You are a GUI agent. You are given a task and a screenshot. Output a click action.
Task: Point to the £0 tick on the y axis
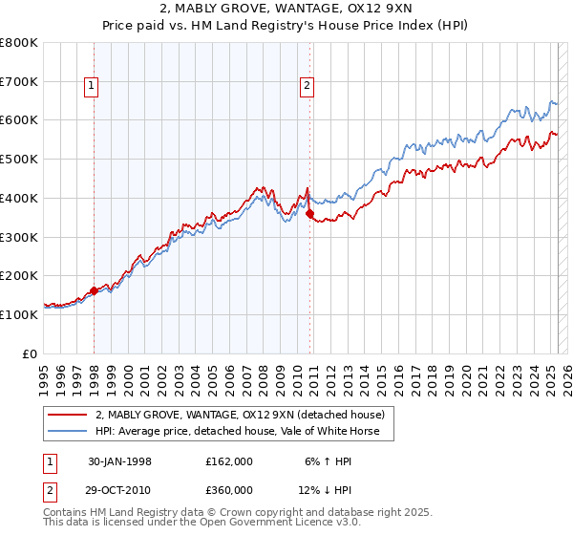32,353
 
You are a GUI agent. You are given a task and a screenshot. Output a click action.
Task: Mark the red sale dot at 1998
95,290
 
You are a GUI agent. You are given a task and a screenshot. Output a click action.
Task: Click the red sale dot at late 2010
309,214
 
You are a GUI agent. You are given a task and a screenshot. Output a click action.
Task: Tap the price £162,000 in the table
228,461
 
